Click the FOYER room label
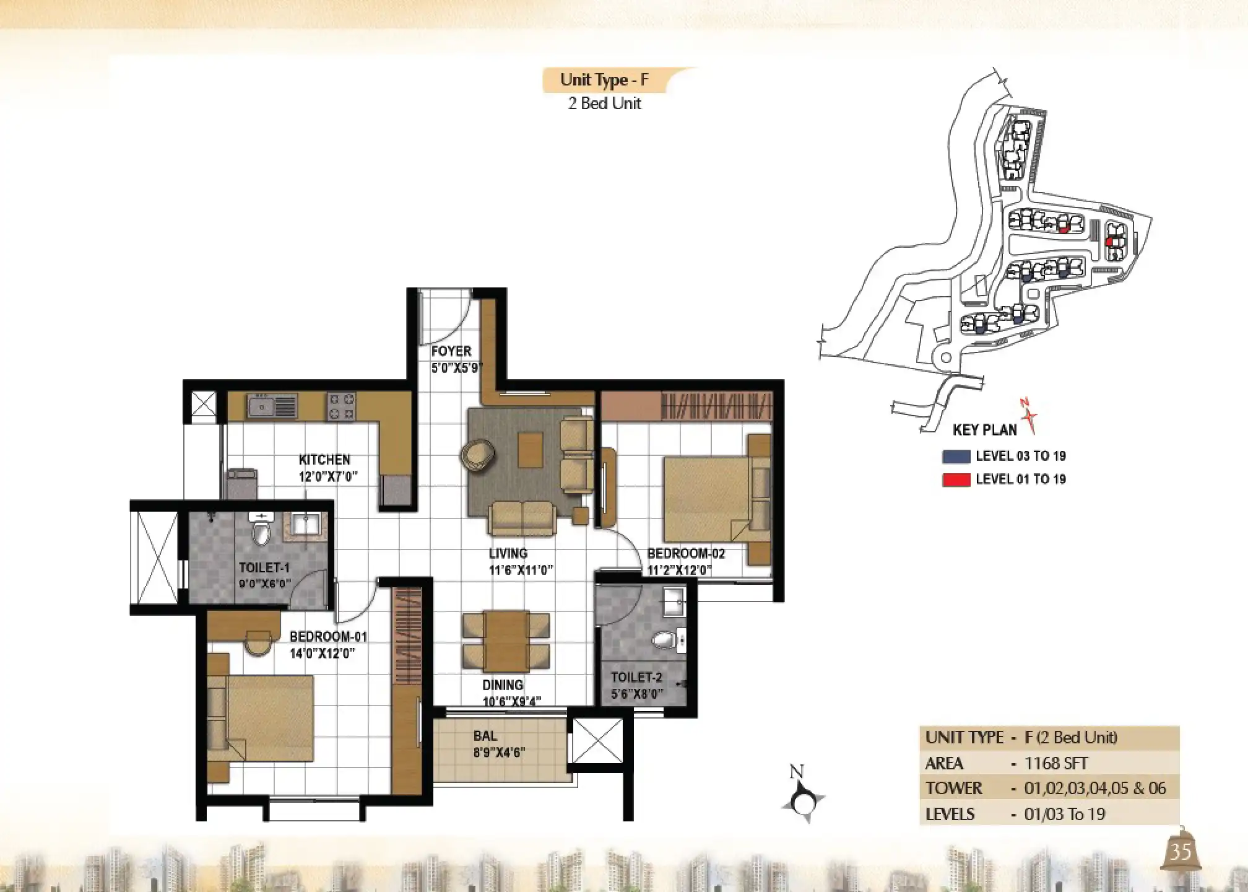451,351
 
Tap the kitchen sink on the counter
272,406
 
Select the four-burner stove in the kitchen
341,407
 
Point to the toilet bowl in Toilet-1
262,530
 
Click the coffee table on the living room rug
530,450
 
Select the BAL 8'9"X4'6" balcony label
499,744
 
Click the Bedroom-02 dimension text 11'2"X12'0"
679,570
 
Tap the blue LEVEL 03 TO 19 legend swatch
956,457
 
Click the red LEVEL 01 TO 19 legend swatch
956,479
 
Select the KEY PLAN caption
984,430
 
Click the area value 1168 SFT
1056,763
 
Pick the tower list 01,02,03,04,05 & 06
1095,789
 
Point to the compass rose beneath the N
803,803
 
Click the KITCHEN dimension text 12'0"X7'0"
327,477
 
